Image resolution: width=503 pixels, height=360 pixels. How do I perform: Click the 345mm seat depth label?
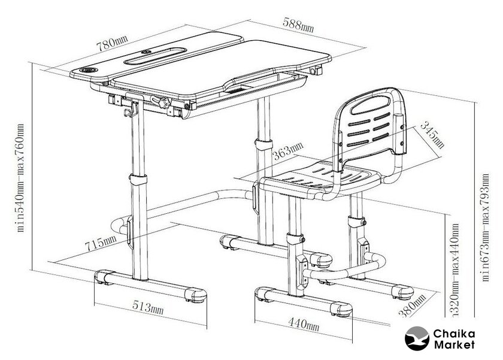tap(432, 135)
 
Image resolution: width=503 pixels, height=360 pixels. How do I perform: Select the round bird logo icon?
tap(417, 338)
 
